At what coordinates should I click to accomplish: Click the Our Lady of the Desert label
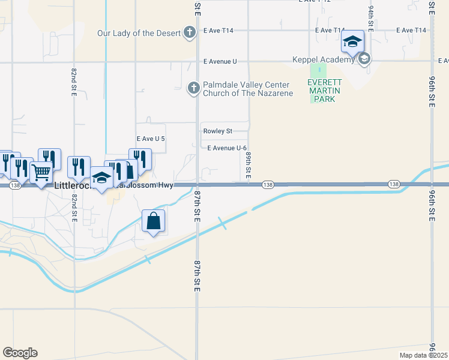pyautogui.click(x=139, y=32)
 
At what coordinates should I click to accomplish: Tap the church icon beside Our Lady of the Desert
pyautogui.click(x=190, y=32)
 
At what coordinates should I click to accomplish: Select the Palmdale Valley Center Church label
pyautogui.click(x=247, y=89)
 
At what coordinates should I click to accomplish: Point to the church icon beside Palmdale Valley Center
pyautogui.click(x=193, y=89)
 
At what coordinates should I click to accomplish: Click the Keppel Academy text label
pyautogui.click(x=324, y=59)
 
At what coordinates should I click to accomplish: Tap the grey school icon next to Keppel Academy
pyautogui.click(x=364, y=59)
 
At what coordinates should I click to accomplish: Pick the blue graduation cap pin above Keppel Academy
pyautogui.click(x=352, y=42)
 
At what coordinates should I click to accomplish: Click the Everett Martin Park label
pyautogui.click(x=324, y=91)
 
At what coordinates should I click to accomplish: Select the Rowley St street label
pyautogui.click(x=217, y=131)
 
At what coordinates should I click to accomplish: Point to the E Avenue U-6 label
pyautogui.click(x=227, y=148)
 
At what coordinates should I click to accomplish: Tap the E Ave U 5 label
pyautogui.click(x=151, y=139)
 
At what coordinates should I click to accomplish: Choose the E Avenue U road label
pyautogui.click(x=220, y=61)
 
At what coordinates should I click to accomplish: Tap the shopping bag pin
pyautogui.click(x=154, y=221)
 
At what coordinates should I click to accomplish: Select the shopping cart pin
pyautogui.click(x=41, y=172)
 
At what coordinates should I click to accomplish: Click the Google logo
pyautogui.click(x=20, y=353)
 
